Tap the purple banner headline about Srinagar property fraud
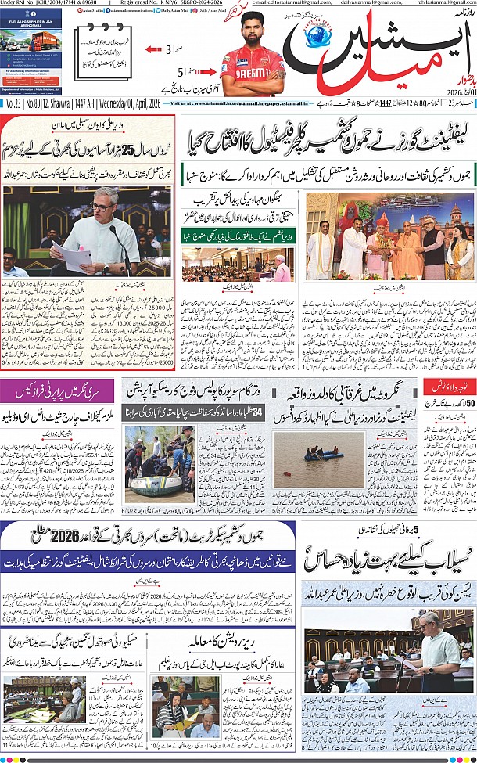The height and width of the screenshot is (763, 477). [x=59, y=388]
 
